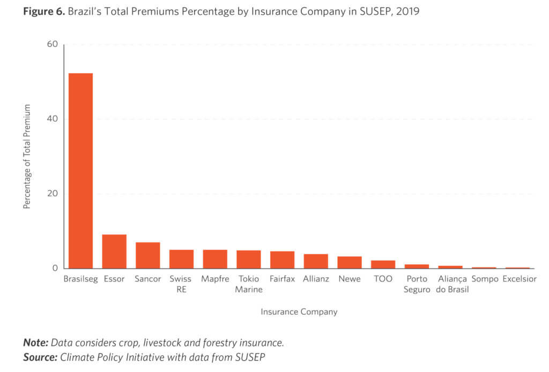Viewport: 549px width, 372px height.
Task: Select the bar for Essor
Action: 114,251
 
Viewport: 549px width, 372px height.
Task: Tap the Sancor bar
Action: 147,255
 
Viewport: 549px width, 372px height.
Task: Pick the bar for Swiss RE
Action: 181,259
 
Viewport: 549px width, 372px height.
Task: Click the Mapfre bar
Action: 215,259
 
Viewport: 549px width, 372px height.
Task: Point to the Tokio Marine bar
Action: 249,259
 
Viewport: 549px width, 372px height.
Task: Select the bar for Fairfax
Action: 282,260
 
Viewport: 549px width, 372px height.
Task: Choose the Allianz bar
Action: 316,261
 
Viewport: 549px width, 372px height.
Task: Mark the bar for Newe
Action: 350,262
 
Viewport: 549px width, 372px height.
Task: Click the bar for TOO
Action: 383,264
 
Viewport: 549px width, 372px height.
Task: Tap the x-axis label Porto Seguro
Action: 417,284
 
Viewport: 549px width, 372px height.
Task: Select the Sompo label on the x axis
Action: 485,279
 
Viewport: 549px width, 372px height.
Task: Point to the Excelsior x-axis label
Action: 519,279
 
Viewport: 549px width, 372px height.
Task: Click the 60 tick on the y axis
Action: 52,44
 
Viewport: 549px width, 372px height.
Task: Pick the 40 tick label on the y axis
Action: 52,119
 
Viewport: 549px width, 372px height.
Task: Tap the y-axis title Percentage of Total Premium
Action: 27,157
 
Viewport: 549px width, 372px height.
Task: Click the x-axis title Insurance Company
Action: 299,311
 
